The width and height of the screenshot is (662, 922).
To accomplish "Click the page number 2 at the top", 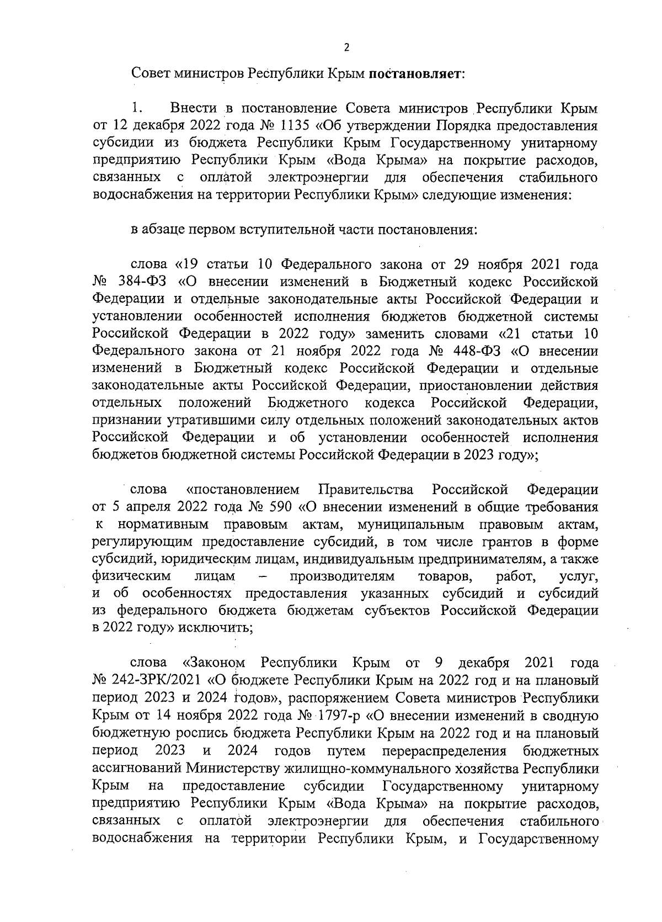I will (x=346, y=47).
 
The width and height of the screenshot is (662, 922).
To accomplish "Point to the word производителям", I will (x=343, y=576).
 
